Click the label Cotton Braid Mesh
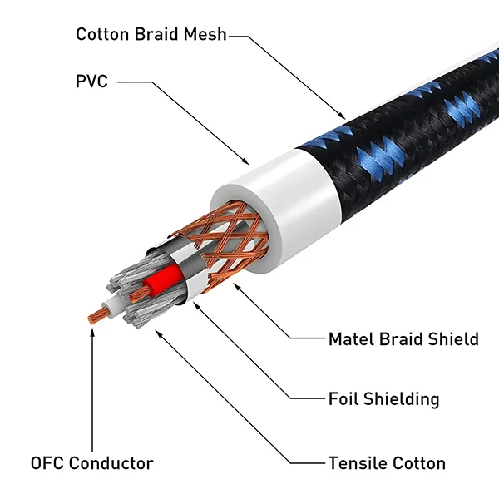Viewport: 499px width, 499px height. (x=151, y=34)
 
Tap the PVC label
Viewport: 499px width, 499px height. (x=92, y=82)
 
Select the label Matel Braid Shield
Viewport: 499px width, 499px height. (x=403, y=339)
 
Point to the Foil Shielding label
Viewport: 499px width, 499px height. (x=383, y=398)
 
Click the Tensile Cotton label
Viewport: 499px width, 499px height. (x=387, y=463)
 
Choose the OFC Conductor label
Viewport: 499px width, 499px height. (x=91, y=463)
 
